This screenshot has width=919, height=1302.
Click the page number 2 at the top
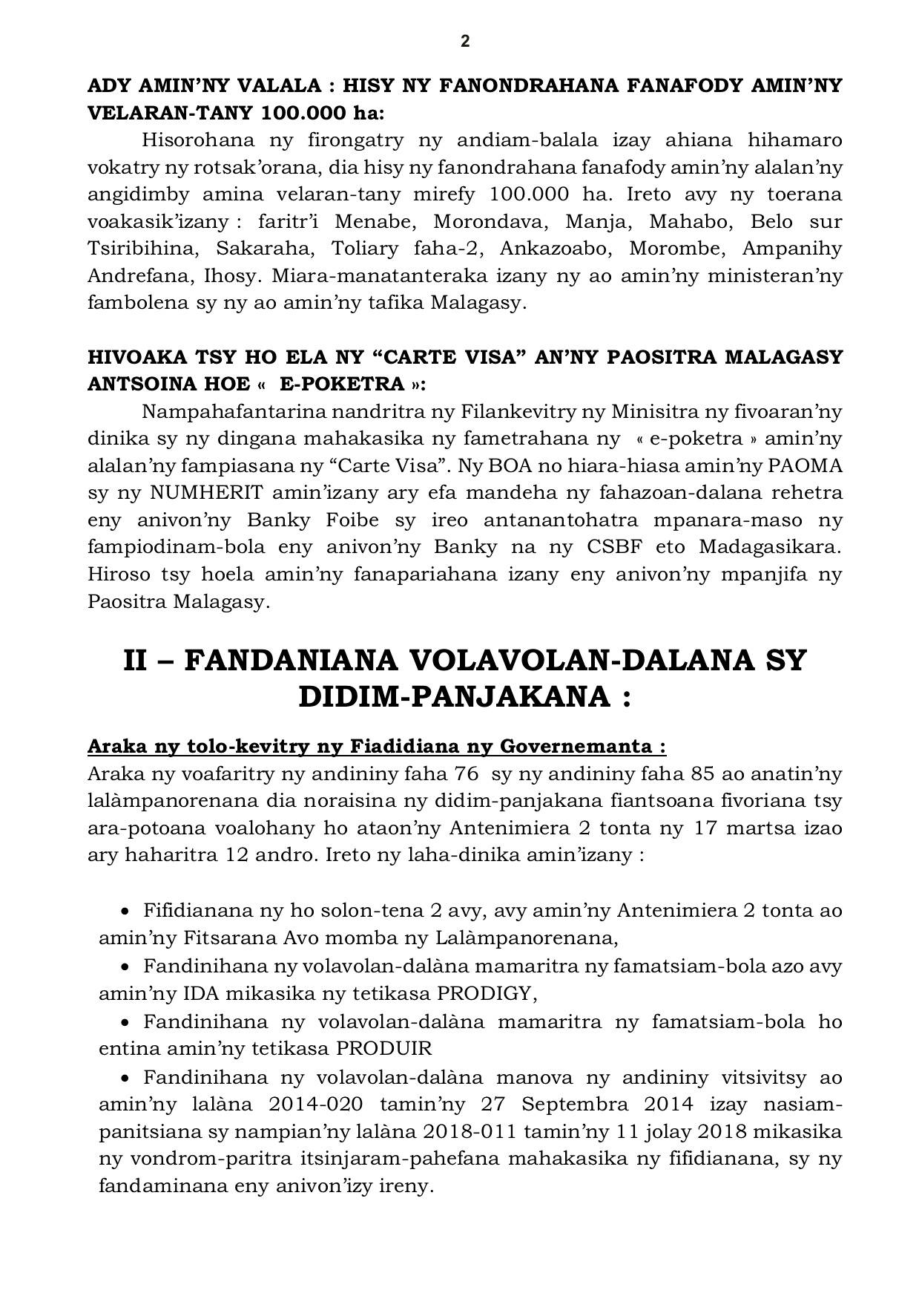coord(465,42)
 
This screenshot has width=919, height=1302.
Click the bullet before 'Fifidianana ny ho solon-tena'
coord(125,910)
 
